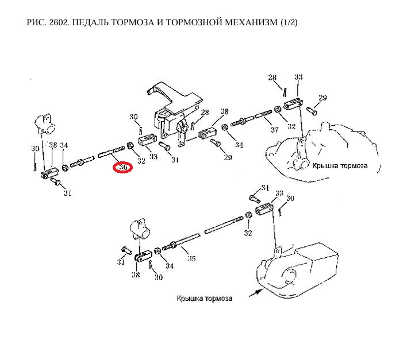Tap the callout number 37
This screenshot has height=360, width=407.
(x=274, y=130)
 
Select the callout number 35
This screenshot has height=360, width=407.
(x=191, y=259)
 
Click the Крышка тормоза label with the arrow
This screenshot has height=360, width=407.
(x=205, y=299)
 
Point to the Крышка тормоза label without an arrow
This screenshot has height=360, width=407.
(x=340, y=166)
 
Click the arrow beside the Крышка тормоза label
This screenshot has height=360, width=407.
(x=253, y=291)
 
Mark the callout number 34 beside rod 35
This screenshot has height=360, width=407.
(x=170, y=266)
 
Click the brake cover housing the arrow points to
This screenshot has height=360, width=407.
(x=299, y=270)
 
